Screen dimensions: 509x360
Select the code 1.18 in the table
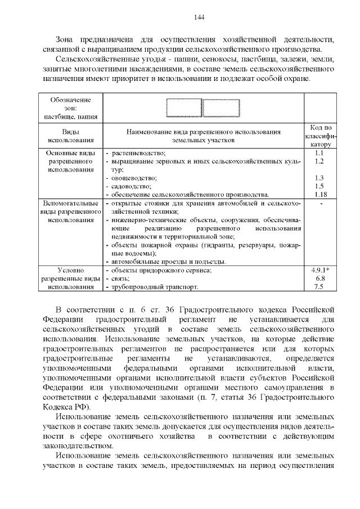coord(319,194)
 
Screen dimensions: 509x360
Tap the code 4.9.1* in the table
coord(319,271)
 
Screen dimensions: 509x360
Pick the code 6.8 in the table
coord(319,278)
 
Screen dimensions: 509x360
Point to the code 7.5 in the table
coord(319,287)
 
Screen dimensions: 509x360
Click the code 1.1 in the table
coord(319,153)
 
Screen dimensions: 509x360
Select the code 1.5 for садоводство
coord(319,186)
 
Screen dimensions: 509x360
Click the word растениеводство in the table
coord(138,153)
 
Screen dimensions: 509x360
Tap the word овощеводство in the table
coord(134,178)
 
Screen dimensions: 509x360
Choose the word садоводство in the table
coord(132,186)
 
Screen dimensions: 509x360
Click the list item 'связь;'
coord(121,278)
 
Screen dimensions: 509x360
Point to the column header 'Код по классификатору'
coord(319,136)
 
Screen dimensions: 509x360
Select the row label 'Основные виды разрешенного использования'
coord(71,161)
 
